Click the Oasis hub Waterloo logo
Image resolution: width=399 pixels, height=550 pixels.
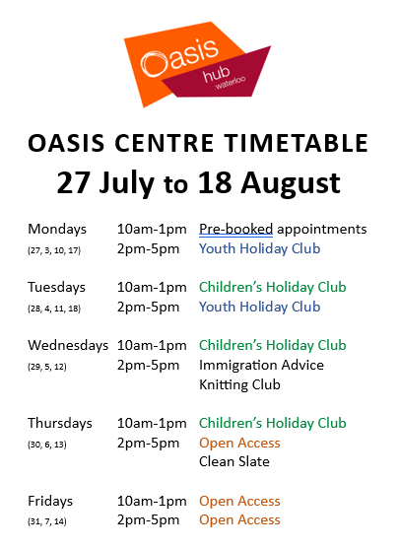(197, 64)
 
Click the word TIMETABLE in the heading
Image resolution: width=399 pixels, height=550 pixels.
(297, 143)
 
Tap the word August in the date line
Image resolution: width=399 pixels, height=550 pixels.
(291, 183)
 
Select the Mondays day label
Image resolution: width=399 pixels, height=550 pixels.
(57, 229)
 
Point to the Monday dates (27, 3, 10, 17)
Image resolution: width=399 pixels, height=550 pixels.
(54, 250)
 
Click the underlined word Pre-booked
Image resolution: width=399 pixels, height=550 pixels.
(236, 229)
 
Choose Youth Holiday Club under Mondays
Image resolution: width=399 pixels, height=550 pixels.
(260, 248)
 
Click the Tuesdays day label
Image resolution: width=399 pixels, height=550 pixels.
(56, 287)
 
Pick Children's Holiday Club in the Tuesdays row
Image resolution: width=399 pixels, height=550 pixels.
(273, 287)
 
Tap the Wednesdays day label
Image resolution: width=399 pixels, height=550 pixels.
(68, 346)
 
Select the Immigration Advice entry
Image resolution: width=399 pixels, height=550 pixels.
(261, 365)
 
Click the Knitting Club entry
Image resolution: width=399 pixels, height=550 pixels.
(239, 384)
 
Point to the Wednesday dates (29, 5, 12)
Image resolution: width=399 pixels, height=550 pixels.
(47, 367)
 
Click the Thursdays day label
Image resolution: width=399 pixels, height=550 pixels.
(60, 424)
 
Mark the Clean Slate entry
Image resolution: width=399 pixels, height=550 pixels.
(234, 461)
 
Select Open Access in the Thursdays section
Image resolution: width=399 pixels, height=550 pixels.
(239, 443)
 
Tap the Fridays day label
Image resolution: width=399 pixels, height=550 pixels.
(50, 501)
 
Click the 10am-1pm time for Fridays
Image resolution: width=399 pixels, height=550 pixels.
(152, 502)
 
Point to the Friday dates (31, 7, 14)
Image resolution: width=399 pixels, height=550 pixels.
(47, 521)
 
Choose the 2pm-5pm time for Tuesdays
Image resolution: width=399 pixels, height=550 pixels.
(148, 307)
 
